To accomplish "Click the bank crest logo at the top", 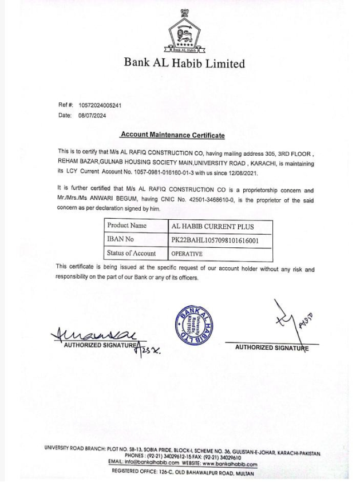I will click(x=184, y=34).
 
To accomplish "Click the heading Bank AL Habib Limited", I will click(x=184, y=63).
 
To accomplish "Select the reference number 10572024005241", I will click(x=100, y=105).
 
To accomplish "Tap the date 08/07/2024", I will click(x=92, y=115).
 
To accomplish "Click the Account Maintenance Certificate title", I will click(x=172, y=136).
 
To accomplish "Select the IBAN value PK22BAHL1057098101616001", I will click(x=215, y=240).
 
